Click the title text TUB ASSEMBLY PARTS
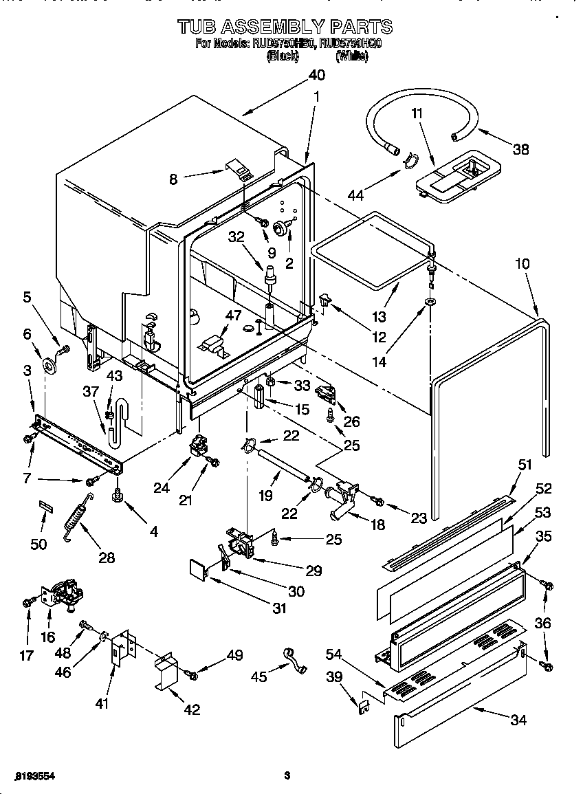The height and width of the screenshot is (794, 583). pos(285,27)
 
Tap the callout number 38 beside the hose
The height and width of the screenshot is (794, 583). pos(521,148)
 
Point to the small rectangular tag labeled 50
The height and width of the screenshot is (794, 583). pos(45,507)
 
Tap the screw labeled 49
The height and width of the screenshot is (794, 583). pos(192,676)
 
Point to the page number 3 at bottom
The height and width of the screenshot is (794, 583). pos(287,776)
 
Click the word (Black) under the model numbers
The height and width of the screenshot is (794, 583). pos(282,57)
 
